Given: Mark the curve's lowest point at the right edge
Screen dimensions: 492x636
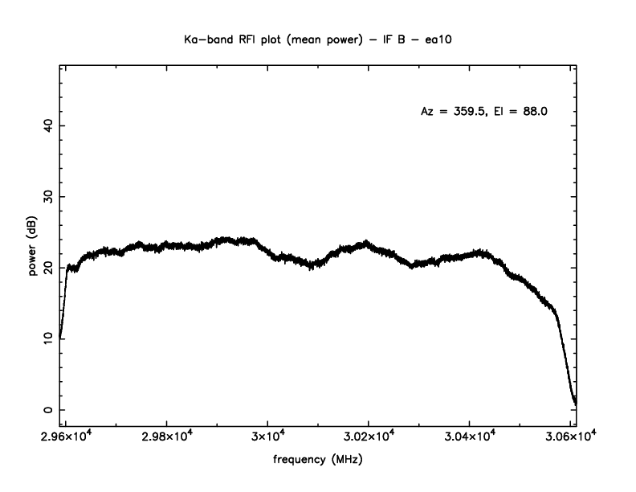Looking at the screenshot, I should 575,403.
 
